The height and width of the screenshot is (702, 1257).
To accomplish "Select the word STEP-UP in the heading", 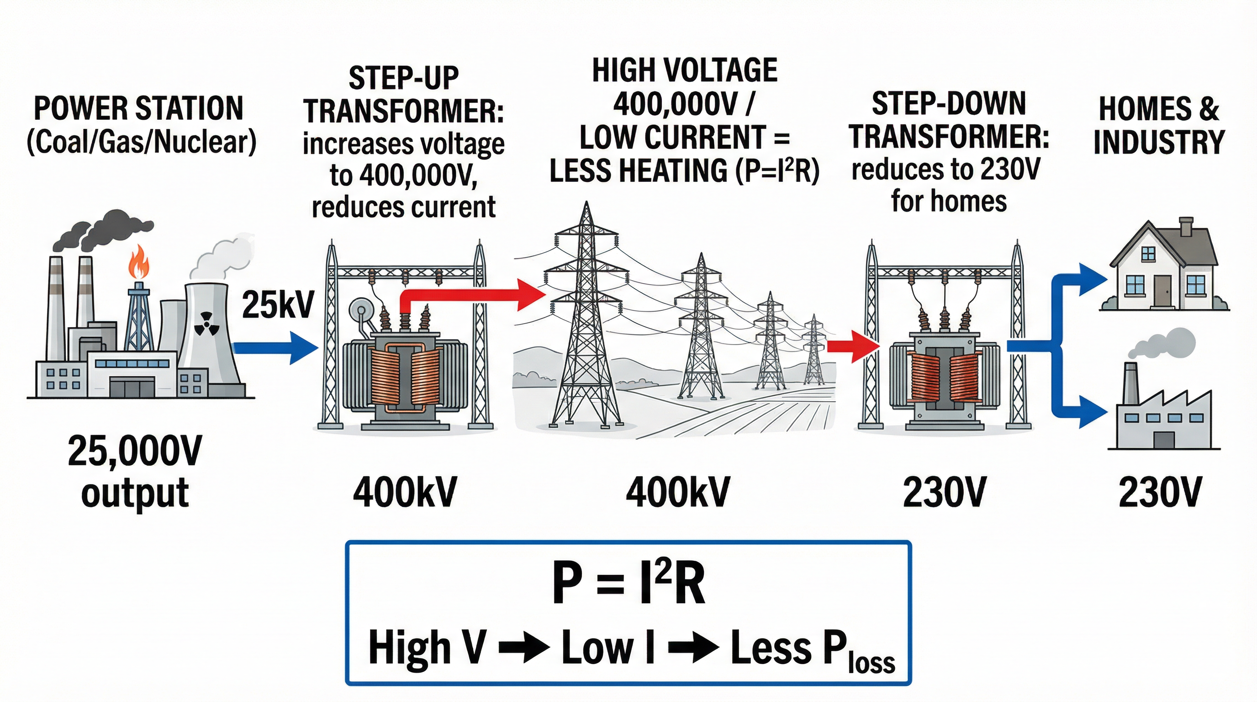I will [404, 78].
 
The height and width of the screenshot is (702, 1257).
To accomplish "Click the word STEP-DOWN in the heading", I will [949, 104].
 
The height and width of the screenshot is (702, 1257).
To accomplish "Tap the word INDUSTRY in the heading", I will [1159, 142].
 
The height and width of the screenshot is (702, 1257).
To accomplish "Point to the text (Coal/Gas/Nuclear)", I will [142, 142].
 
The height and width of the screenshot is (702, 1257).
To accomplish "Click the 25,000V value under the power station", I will [135, 451].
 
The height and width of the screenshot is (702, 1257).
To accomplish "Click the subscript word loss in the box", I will [871, 663].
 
